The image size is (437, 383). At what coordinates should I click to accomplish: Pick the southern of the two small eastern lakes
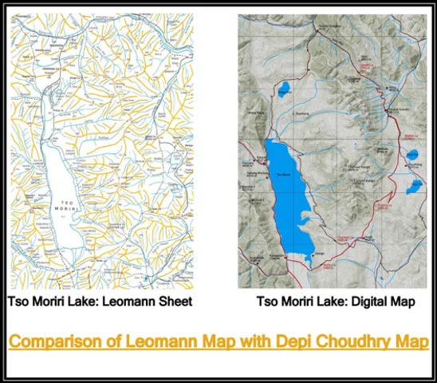[414, 187]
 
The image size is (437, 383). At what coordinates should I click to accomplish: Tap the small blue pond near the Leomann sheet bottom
[146, 278]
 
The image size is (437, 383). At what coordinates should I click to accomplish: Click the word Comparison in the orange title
[54, 342]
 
